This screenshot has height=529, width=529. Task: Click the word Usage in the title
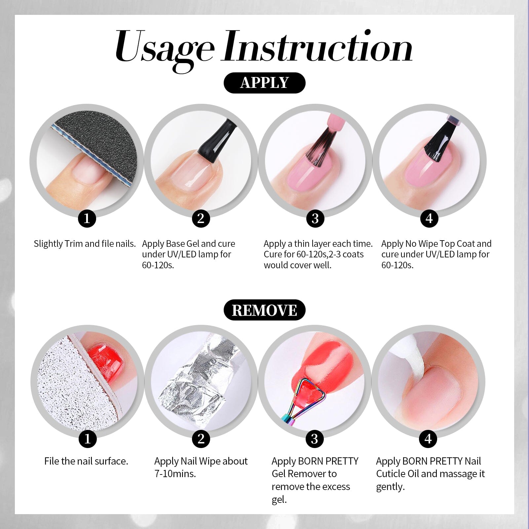click(164, 49)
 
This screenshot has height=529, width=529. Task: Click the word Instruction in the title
click(318, 46)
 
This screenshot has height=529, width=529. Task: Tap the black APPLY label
click(264, 83)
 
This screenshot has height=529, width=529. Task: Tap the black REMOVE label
click(264, 310)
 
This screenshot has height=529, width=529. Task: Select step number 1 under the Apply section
click(87, 218)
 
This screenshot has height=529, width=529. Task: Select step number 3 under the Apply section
click(315, 218)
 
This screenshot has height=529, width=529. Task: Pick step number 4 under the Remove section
click(428, 439)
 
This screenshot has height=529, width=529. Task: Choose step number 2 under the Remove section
click(201, 439)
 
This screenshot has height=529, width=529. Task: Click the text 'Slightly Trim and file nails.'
click(85, 244)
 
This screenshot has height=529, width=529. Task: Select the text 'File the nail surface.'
click(86, 461)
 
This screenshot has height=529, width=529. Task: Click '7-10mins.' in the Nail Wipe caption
click(175, 474)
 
